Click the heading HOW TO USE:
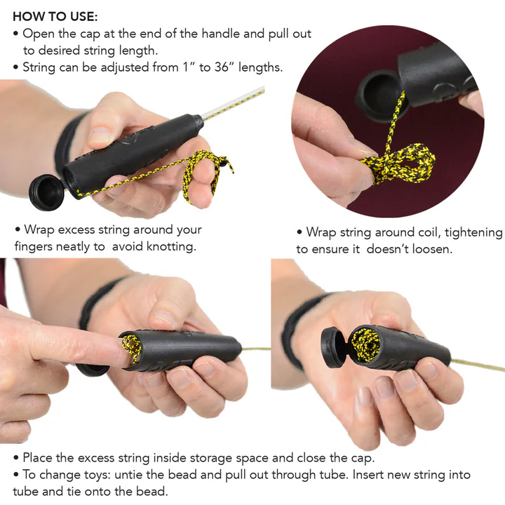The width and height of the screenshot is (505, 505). coord(55,16)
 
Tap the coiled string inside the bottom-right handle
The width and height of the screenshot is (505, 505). coord(365,344)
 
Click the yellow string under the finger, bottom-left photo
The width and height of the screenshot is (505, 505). coord(131,348)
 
